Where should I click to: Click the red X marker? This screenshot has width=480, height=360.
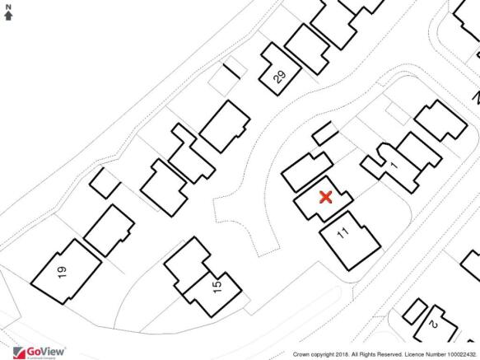(324, 197)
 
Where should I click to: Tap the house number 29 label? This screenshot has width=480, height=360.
(279, 77)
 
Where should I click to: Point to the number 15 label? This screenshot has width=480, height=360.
(217, 286)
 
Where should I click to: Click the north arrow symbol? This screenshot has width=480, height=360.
(8, 15)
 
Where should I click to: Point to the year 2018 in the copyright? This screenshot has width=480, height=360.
(337, 355)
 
